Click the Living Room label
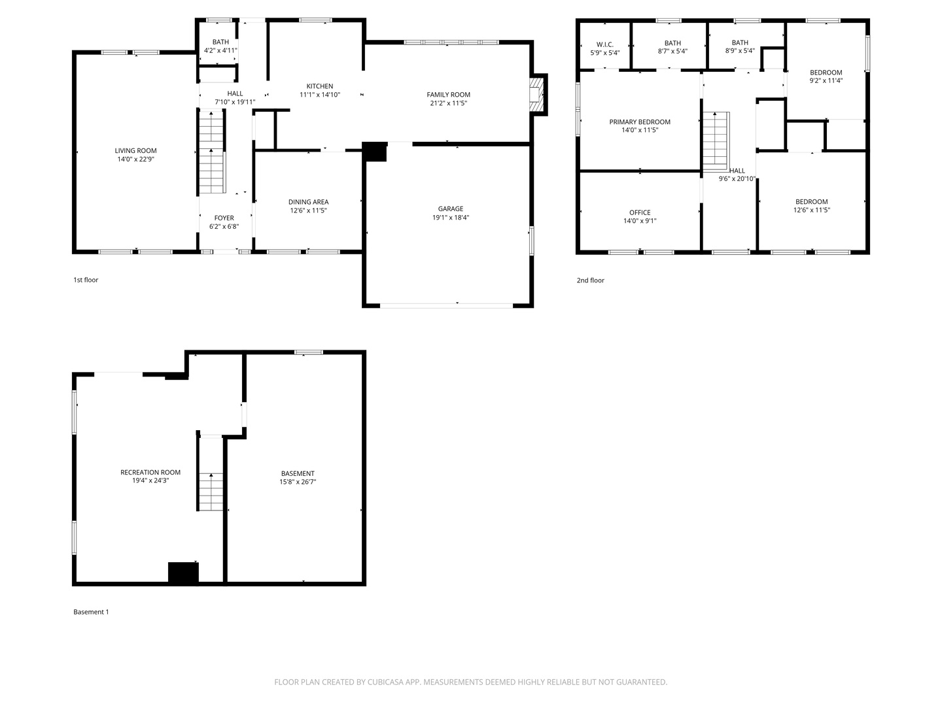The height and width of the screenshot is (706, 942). point(135,151)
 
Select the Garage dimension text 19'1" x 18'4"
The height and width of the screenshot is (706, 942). point(450,218)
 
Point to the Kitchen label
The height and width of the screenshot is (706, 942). point(320,86)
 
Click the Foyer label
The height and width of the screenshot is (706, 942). point(224,218)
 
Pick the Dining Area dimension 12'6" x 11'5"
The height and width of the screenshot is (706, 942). point(308,210)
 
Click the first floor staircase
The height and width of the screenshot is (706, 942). point(211,153)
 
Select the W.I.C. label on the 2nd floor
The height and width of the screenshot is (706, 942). point(604,44)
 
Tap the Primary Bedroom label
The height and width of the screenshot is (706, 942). point(640,122)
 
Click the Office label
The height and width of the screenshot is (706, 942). point(640,212)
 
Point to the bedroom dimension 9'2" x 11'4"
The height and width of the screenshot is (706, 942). point(826,81)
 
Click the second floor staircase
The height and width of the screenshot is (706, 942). point(716,140)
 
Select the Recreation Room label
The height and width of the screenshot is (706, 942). point(150,473)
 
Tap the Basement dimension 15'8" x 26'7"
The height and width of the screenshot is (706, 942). point(298,482)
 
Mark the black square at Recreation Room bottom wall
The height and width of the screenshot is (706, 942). point(183,573)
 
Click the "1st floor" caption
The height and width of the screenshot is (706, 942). point(86,280)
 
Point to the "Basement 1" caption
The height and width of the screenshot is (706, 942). point(91,612)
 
